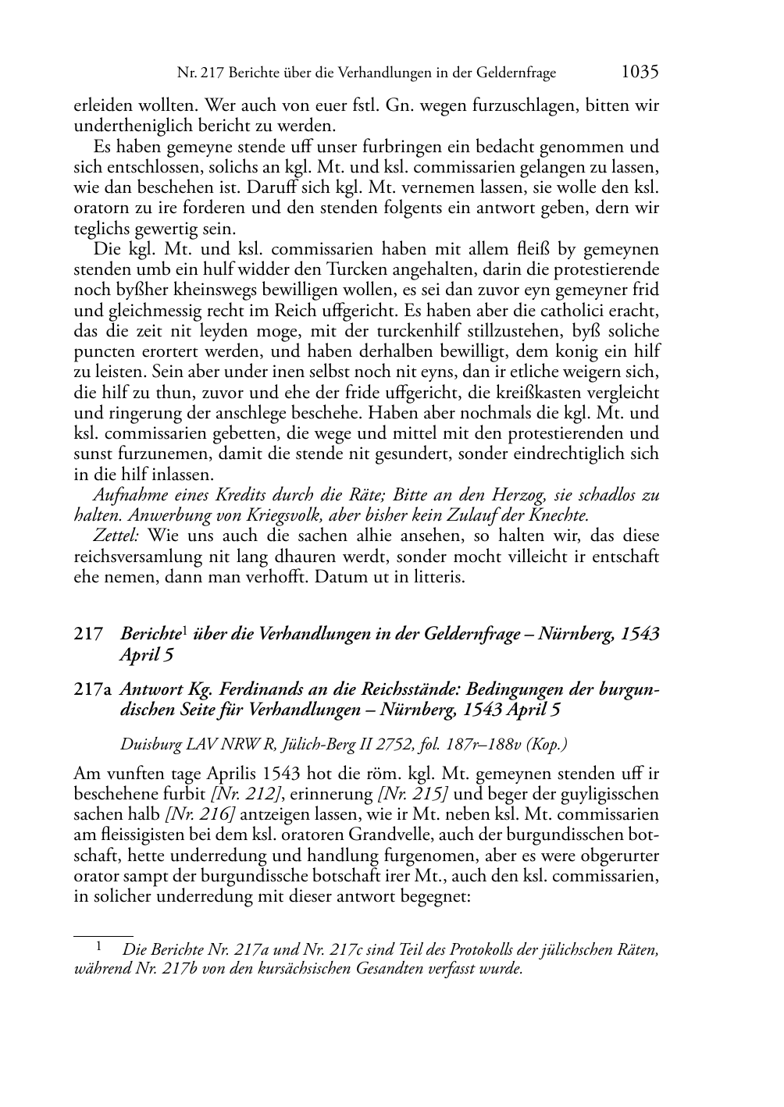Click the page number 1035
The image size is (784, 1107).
pos(640,72)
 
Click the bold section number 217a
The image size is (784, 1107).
pos(93,690)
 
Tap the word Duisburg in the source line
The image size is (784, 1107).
pos(150,744)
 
